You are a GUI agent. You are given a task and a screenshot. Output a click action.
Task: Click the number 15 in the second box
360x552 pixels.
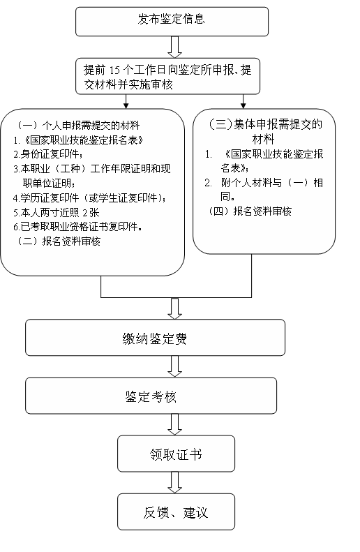click(x=114, y=70)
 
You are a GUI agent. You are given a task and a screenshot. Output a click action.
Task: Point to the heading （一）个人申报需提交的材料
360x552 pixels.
click(x=78, y=126)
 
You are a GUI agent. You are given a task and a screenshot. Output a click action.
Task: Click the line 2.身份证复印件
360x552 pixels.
click(x=49, y=154)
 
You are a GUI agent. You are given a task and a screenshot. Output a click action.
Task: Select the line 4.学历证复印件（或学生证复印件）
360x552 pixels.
click(x=90, y=198)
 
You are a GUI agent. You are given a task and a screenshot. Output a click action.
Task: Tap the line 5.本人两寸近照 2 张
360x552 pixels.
click(x=57, y=212)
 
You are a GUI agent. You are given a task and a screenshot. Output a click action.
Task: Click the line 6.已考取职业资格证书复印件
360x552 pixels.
click(x=77, y=227)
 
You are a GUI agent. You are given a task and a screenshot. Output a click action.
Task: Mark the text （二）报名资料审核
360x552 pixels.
click(x=59, y=241)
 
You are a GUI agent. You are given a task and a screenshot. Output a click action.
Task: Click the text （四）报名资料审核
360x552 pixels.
click(x=250, y=211)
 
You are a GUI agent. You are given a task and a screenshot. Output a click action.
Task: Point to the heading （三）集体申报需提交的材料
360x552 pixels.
click(x=264, y=131)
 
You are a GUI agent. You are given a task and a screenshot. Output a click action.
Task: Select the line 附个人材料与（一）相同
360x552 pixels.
click(x=264, y=189)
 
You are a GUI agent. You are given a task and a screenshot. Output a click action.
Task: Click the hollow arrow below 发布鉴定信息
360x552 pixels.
click(x=174, y=47)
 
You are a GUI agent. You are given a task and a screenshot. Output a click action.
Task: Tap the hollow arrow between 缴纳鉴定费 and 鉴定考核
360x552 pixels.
click(x=174, y=366)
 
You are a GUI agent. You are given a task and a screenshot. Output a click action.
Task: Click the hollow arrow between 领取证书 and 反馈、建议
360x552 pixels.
click(x=174, y=483)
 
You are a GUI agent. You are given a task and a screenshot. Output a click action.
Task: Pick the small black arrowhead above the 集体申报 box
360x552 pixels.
click(x=243, y=105)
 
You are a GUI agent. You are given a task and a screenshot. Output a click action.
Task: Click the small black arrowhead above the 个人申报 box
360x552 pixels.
click(x=126, y=105)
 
